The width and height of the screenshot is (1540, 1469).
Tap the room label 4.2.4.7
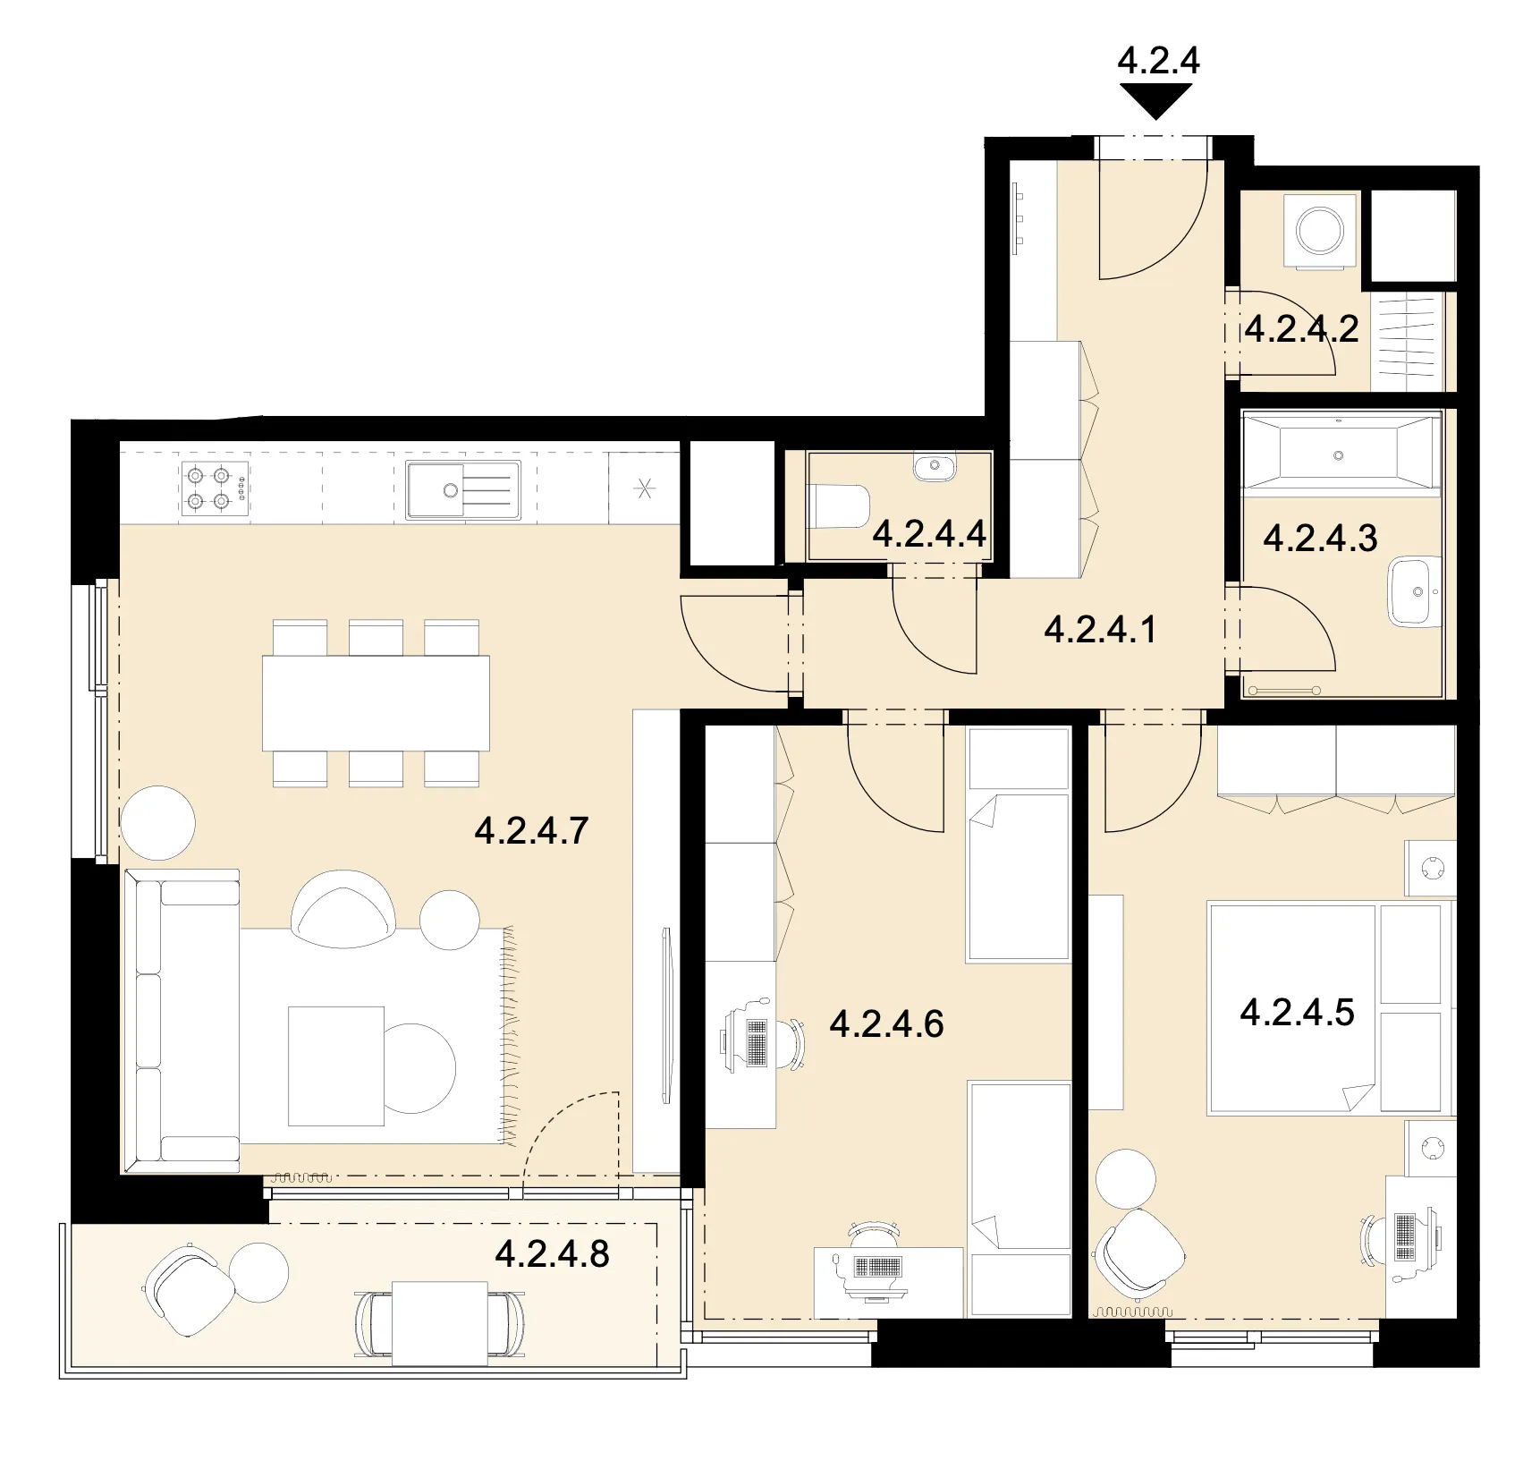(x=531, y=831)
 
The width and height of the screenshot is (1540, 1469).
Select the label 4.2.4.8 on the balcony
(x=552, y=1253)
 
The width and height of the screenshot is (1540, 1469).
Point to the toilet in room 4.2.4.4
(x=839, y=507)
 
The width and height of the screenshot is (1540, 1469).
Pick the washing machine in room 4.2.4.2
(x=1320, y=230)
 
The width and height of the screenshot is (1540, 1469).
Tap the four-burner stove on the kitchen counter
(x=215, y=489)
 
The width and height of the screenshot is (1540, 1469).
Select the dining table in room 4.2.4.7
(x=376, y=703)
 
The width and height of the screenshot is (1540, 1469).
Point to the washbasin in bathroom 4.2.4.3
(x=1415, y=590)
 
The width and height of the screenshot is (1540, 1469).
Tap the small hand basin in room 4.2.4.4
(x=935, y=467)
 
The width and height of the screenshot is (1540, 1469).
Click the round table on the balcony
(x=259, y=1272)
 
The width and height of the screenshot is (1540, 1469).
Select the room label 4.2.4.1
(x=1100, y=629)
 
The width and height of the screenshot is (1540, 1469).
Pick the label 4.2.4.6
(x=886, y=1023)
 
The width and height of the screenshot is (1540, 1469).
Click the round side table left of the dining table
(x=157, y=823)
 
